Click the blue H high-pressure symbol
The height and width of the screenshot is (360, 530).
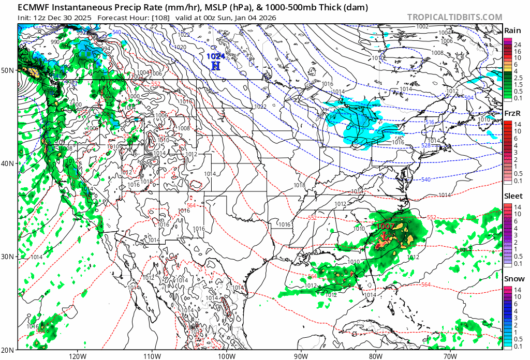(x=216, y=66)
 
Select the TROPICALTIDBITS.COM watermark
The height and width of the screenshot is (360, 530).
(x=454, y=17)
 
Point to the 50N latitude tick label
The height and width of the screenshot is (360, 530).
(x=8, y=70)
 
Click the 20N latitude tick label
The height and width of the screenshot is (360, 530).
(x=8, y=350)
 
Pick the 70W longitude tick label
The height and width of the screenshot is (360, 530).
(x=450, y=356)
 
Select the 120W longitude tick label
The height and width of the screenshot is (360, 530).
(x=77, y=356)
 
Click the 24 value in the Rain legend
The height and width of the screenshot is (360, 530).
(x=517, y=45)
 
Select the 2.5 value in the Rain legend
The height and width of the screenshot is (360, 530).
(x=517, y=77)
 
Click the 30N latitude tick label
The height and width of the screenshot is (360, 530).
(x=8, y=257)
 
